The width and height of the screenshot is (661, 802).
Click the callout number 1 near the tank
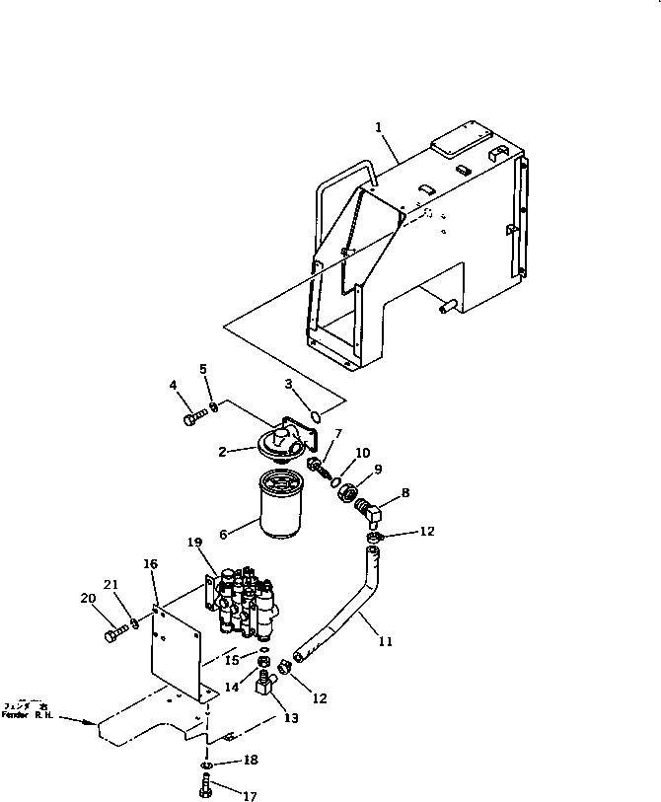point(378,126)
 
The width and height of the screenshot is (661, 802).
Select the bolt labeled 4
point(191,419)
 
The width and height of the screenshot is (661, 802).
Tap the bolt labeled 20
point(111,633)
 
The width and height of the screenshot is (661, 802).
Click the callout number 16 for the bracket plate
point(150,564)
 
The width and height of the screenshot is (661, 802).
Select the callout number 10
point(363,453)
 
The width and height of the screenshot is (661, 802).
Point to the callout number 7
point(337,433)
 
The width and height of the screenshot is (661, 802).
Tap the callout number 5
point(204,369)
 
